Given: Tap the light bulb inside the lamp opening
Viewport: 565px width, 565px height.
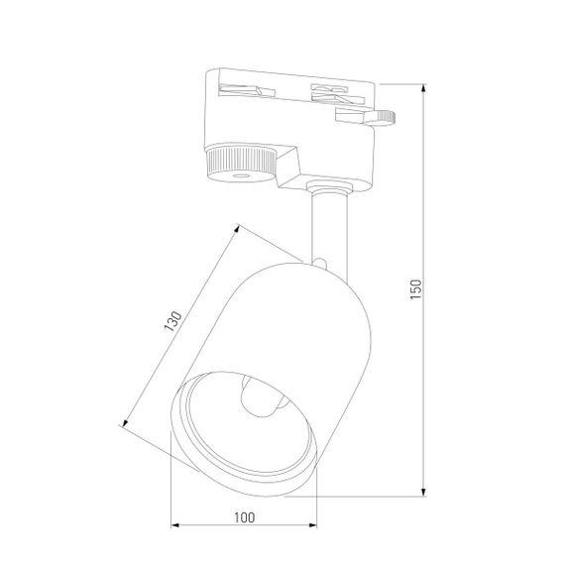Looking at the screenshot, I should (259, 400).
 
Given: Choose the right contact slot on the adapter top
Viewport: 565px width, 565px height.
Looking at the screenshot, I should (331, 94).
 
